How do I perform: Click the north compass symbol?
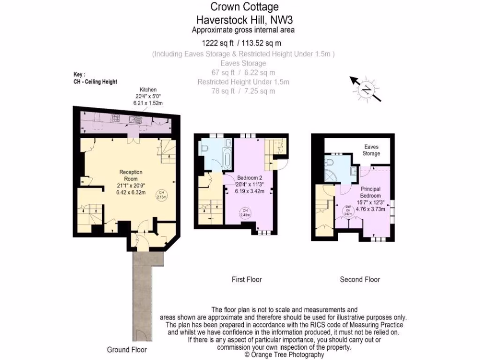[364, 88]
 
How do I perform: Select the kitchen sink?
[136, 120]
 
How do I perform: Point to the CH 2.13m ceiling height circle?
[161, 195]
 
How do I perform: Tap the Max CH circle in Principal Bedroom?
[348, 210]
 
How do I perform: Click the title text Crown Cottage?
[244, 7]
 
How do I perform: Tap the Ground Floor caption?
[127, 350]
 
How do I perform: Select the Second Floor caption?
[360, 279]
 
